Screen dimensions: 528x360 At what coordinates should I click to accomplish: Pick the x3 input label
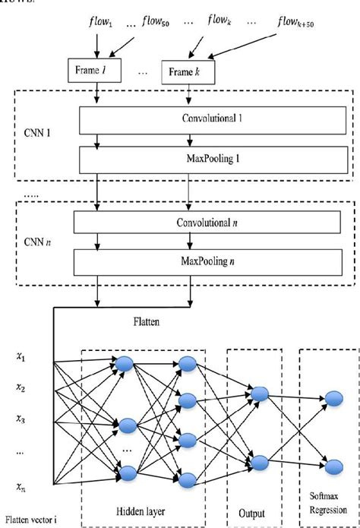(x=22, y=419)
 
